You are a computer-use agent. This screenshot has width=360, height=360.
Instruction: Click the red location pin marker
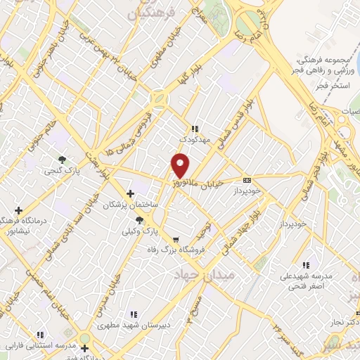click(181, 165)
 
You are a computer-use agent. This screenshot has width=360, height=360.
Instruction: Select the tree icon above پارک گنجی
click(62, 159)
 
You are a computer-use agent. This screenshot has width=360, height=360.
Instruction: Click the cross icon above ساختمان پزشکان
click(130, 193)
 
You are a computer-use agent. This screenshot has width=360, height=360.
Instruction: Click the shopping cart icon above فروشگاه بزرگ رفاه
click(175, 239)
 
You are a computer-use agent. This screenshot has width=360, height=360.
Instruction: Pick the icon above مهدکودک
click(195, 129)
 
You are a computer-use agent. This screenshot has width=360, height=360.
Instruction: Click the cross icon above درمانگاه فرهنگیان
click(18, 210)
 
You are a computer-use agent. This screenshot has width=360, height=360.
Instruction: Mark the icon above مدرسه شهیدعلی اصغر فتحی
click(306, 264)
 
